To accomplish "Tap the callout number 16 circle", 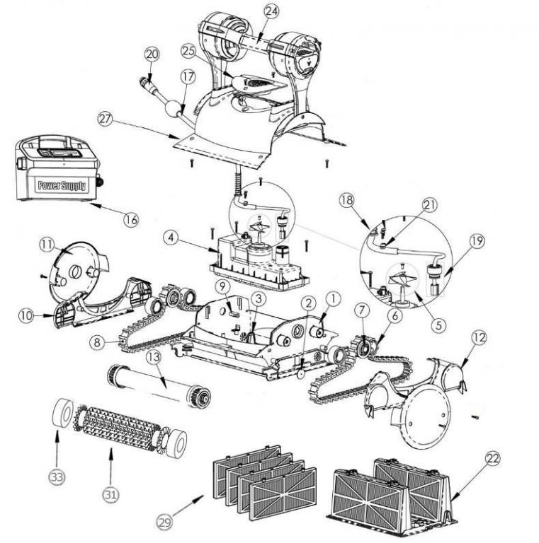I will [130, 218].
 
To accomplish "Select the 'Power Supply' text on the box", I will [62, 187].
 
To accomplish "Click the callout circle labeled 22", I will [491, 458].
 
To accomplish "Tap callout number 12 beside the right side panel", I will [480, 339].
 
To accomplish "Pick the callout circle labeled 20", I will [152, 54].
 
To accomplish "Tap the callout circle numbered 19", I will [477, 240].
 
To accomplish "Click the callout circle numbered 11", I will [47, 243].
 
